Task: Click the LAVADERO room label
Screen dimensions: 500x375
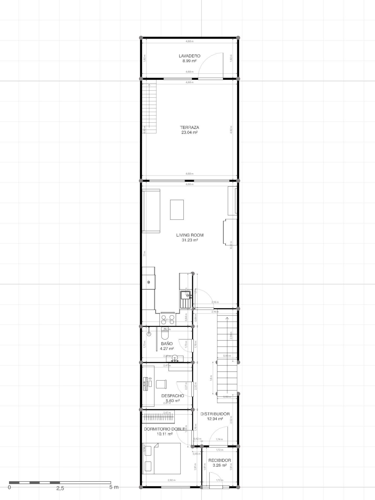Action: [x=189, y=56]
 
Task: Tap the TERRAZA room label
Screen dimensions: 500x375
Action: [x=189, y=128]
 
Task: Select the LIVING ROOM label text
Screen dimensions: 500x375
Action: [x=190, y=235]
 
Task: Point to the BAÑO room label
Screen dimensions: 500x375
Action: [x=167, y=344]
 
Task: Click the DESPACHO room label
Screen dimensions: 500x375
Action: [x=172, y=396]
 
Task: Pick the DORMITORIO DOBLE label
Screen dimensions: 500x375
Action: [x=165, y=429]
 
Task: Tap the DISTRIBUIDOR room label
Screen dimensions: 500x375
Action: [x=215, y=414]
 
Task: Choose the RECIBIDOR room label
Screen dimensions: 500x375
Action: [x=220, y=460]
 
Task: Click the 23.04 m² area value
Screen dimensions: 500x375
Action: [x=189, y=132]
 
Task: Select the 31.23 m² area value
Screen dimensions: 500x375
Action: [x=190, y=240]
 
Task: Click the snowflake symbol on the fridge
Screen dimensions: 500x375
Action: [x=149, y=282]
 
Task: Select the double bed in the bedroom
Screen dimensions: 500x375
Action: [x=161, y=459]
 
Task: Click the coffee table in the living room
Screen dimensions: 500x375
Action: [x=177, y=210]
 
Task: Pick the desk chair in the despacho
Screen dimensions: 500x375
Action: [x=161, y=384]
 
